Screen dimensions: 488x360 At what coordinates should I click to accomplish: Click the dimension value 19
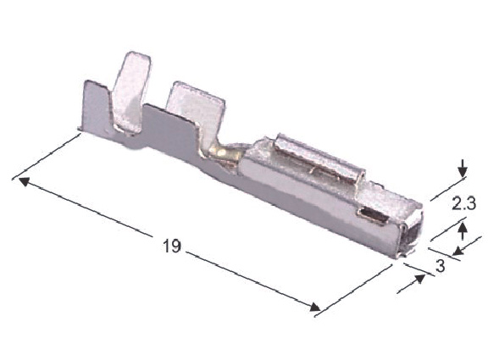[x=171, y=246]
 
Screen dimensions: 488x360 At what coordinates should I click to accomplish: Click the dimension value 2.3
[x=463, y=204]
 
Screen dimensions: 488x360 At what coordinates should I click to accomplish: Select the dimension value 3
[x=440, y=266]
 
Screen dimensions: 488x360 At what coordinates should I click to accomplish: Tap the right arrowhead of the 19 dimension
[x=314, y=307]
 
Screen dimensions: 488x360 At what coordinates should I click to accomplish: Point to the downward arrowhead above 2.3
[x=463, y=171]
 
